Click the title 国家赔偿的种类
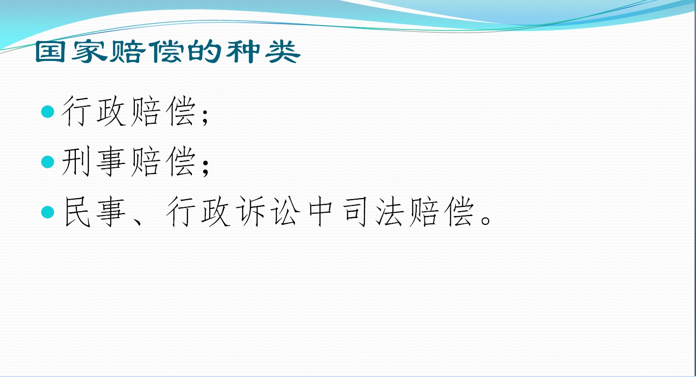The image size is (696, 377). point(168,52)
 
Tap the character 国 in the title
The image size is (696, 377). point(50,52)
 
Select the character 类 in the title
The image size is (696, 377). point(283,52)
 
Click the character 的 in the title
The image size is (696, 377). point(204,51)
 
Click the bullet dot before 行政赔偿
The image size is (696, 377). point(47,112)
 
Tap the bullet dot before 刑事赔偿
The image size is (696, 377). point(47,161)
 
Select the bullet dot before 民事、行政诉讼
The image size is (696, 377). point(47,212)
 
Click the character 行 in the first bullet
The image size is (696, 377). point(76,111)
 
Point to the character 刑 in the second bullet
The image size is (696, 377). point(76,161)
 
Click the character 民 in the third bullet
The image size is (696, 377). point(77,212)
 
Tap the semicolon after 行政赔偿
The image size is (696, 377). point(205,117)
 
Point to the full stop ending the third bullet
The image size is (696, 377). point(485,219)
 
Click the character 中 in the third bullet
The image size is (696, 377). point(320,212)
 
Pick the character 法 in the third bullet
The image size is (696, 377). point(390,212)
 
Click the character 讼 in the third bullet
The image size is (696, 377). point(286,212)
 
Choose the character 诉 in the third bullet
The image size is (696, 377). point(251,212)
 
